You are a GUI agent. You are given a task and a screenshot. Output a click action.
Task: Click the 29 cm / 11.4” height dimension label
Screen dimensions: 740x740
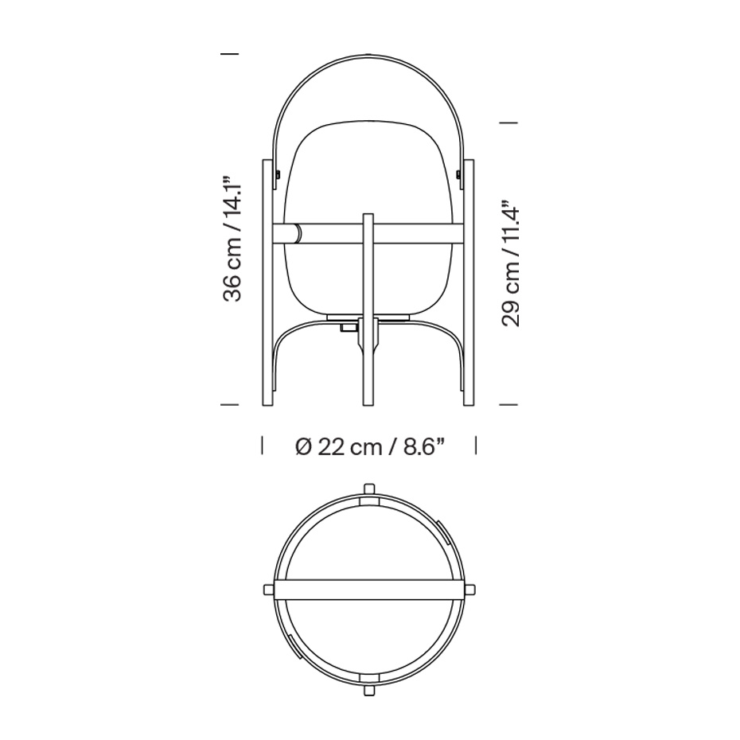point(511,266)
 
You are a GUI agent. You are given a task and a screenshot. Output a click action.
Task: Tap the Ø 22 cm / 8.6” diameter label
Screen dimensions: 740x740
point(369,446)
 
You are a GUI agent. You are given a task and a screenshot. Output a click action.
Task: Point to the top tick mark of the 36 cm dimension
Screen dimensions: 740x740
point(229,53)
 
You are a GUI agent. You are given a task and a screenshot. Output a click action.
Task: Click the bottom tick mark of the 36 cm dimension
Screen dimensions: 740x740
point(229,405)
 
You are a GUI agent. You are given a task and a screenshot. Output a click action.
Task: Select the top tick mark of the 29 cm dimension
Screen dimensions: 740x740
point(508,123)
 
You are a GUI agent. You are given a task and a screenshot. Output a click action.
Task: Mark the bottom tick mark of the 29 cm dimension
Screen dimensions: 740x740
point(508,405)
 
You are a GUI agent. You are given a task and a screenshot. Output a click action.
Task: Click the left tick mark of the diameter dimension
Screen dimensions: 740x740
point(263,446)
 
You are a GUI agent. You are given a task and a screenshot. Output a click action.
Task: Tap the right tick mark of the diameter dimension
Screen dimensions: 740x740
point(476,446)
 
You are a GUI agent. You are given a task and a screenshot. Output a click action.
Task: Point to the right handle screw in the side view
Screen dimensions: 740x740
point(459,172)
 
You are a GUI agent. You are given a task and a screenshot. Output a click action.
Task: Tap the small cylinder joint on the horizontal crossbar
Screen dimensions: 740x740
point(297,232)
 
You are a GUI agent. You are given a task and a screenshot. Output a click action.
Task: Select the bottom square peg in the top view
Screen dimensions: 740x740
point(368,689)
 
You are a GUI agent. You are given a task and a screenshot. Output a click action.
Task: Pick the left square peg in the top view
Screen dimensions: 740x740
point(268,589)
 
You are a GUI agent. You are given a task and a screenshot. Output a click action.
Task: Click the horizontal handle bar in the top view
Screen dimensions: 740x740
point(368,589)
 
